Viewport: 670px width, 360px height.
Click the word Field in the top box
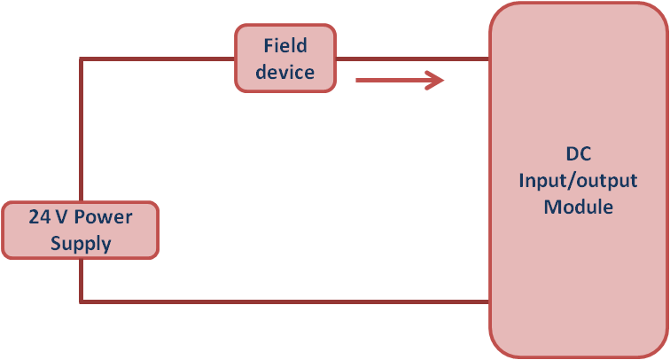[x=284, y=44]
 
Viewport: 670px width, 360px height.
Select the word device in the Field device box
[x=284, y=72]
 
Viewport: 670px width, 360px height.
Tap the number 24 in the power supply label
[x=38, y=216]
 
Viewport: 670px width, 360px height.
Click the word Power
[x=105, y=216]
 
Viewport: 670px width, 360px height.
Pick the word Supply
[x=81, y=243]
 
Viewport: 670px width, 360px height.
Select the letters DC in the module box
[x=578, y=153]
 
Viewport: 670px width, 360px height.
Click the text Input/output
[x=578, y=180]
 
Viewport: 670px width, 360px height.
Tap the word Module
[x=578, y=207]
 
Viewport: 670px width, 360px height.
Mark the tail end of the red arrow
[x=357, y=81]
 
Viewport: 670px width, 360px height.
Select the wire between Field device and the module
[x=412, y=59]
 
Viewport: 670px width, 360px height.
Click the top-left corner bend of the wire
[x=82, y=59]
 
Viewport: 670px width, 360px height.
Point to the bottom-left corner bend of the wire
[x=82, y=301]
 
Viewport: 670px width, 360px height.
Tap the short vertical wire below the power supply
[x=82, y=279]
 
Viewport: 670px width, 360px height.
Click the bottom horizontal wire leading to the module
[x=284, y=301]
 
